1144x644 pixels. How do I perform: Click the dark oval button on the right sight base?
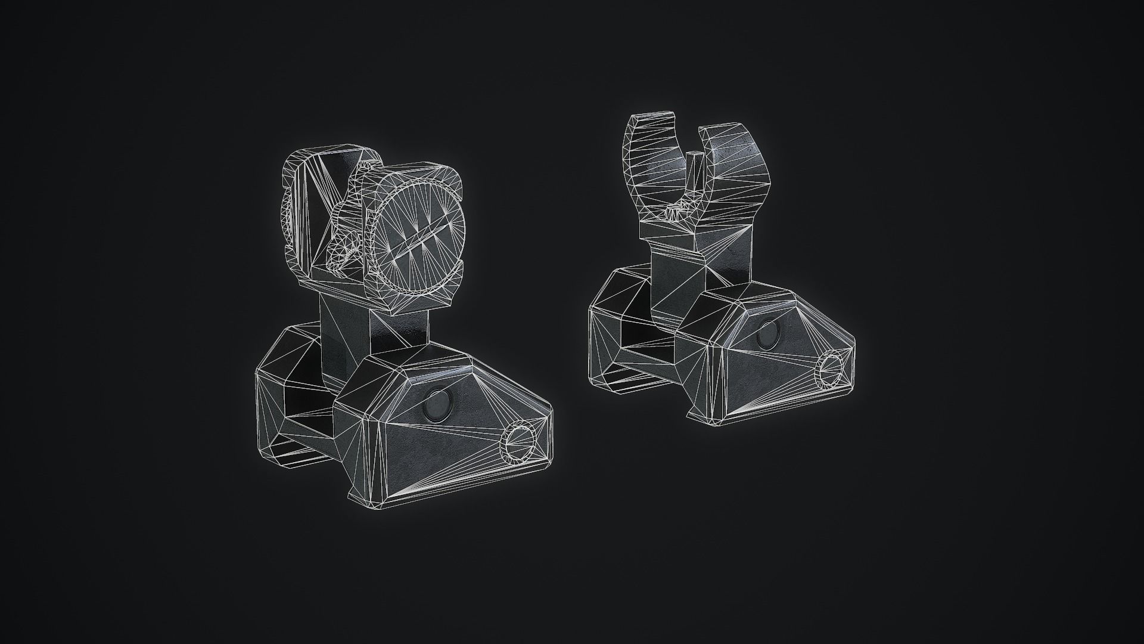click(x=768, y=338)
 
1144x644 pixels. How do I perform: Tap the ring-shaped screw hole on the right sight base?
click(x=829, y=370)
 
